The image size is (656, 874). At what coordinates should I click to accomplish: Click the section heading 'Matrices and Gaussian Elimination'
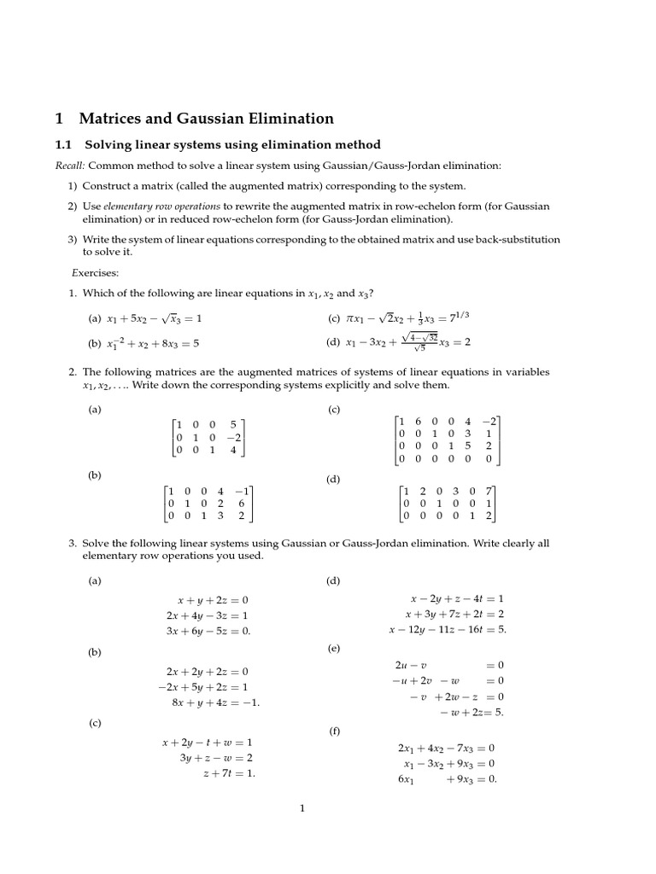(x=206, y=119)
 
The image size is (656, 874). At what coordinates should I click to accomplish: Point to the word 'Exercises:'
(x=95, y=273)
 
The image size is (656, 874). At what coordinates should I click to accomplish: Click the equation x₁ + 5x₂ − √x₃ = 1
(x=155, y=319)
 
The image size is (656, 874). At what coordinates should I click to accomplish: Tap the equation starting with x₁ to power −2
(x=155, y=344)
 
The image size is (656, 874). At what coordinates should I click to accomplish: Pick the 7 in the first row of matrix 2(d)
(x=488, y=491)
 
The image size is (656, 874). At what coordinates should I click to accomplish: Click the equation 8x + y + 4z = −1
(x=215, y=702)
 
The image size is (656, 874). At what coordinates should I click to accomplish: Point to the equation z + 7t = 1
(x=229, y=773)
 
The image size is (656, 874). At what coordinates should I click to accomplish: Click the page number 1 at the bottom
(x=302, y=810)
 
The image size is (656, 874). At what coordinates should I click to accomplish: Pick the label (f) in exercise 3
(x=334, y=731)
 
